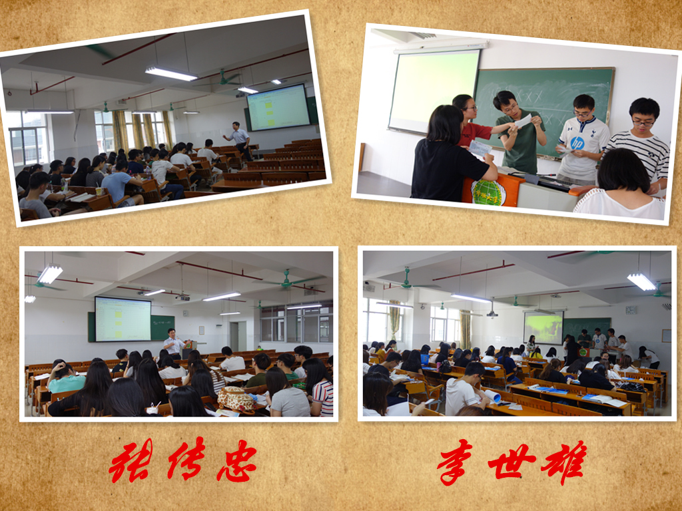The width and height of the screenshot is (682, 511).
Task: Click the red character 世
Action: click(x=511, y=462)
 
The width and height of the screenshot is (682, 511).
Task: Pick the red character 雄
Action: click(x=564, y=462)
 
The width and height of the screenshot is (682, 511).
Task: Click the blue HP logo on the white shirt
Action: click(x=577, y=143)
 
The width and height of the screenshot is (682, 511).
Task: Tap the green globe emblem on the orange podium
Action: click(x=489, y=192)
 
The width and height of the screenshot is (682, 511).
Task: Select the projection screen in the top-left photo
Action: click(x=278, y=107)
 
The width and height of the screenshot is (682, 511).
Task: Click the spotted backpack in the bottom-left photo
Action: click(x=236, y=399)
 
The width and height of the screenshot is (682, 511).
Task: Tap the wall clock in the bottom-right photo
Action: click(x=631, y=310)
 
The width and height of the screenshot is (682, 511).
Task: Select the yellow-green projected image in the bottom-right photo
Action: click(x=543, y=327)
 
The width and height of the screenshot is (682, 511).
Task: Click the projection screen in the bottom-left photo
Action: click(x=123, y=319)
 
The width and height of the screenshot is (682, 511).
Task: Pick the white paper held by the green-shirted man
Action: click(x=523, y=120)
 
